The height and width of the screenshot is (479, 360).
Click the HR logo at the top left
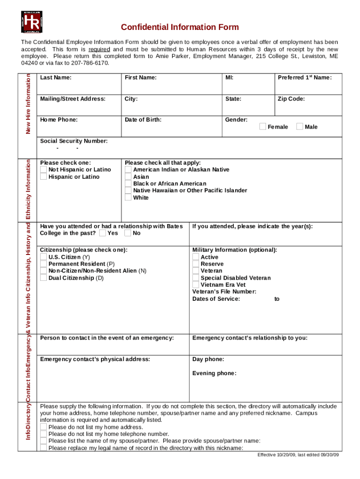tap(31, 22)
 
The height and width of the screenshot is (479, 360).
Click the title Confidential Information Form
tap(180, 27)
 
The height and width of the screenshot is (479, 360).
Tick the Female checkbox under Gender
tap(263, 127)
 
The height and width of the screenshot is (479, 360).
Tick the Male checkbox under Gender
tap(300, 127)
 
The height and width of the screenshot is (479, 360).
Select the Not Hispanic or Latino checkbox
tap(43, 169)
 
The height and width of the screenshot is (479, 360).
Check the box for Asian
tap(128, 177)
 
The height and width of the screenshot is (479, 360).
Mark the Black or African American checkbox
tap(128, 184)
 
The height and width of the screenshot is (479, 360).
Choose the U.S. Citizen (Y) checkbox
tap(43, 257)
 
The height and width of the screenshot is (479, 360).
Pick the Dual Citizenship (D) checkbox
tap(43, 278)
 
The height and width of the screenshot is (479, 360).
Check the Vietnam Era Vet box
tap(196, 284)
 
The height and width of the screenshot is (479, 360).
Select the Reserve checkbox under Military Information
tap(196, 264)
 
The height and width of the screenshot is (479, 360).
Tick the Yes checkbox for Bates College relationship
tap(102, 233)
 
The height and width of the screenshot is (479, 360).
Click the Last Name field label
tap(56, 78)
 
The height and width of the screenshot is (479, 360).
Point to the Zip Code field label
tap(291, 99)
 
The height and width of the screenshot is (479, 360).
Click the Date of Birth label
tap(143, 120)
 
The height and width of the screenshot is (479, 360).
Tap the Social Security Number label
tap(74, 141)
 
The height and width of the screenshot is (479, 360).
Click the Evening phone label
tap(214, 373)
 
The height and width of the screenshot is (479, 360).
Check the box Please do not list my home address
tap(43, 427)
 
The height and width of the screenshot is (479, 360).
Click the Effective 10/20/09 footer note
tap(298, 455)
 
